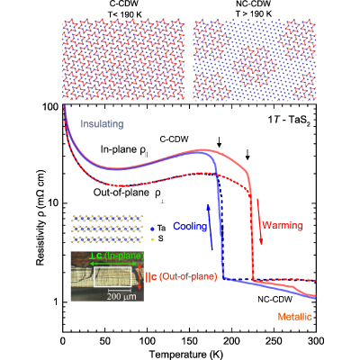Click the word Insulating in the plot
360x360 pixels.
(102, 124)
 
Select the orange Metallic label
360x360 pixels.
(294, 317)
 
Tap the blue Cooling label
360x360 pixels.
(190, 226)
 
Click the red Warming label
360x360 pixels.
(283, 225)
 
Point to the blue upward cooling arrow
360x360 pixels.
(210, 227)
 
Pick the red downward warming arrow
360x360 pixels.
(259, 221)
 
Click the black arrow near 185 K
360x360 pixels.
(220, 142)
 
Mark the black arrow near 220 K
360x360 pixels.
(247, 154)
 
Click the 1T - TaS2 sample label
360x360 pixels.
(289, 121)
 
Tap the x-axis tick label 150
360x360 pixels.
(189, 341)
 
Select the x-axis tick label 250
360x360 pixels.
(274, 341)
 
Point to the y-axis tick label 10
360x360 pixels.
(53, 202)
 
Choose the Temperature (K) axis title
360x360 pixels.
(186, 355)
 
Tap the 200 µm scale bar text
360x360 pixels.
(121, 296)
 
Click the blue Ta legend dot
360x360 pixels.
(152, 229)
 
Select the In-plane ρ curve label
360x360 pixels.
(124, 150)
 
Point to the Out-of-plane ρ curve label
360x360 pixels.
(129, 193)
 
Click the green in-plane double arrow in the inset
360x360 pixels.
(117, 264)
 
